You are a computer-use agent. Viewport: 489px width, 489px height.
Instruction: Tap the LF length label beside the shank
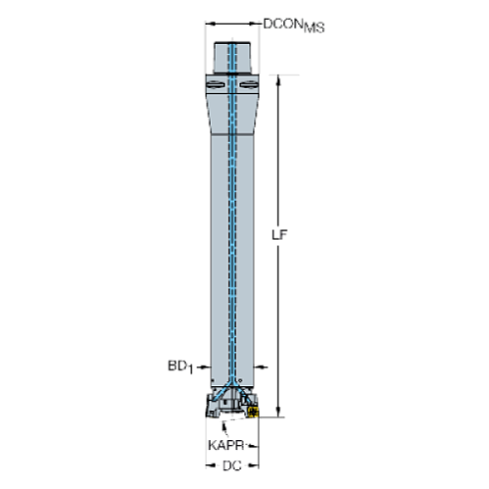283,236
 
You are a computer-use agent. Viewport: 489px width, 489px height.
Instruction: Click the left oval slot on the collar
215,87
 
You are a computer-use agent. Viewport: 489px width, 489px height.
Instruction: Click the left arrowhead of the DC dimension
210,465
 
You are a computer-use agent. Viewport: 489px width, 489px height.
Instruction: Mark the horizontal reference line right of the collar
279,79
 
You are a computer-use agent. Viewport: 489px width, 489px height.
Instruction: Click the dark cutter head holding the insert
229,405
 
